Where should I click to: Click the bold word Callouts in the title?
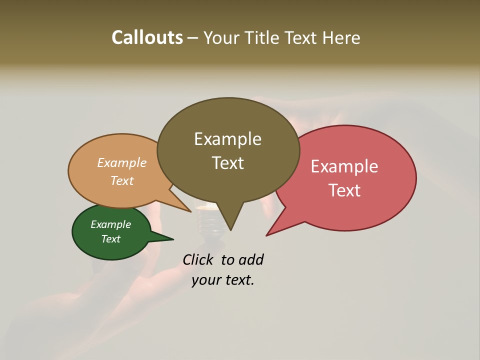click(x=147, y=38)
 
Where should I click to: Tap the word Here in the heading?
click(x=341, y=38)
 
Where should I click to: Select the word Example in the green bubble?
click(x=111, y=224)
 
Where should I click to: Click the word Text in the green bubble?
click(x=111, y=239)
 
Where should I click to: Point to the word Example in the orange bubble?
click(x=122, y=163)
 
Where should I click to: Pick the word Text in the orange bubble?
click(x=122, y=180)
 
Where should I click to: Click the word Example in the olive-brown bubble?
click(x=227, y=139)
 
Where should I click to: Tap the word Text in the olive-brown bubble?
click(x=227, y=163)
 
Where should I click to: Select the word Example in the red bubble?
click(x=344, y=166)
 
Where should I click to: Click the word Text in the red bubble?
click(x=344, y=190)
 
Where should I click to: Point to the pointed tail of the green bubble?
click(x=170, y=239)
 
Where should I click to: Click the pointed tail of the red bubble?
click(x=269, y=233)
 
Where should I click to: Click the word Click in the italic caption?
click(x=199, y=259)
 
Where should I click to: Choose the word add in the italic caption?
click(x=251, y=259)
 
